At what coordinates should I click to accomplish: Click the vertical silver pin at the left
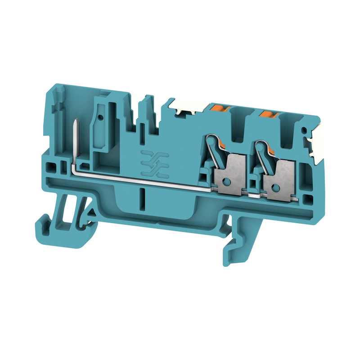(x=74, y=141)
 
